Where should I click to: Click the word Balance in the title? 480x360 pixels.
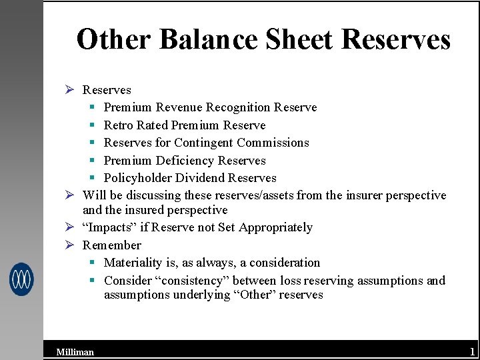pyautogui.click(x=208, y=39)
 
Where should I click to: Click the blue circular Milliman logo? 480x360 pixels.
pyautogui.click(x=21, y=279)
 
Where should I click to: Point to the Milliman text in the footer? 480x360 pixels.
pyautogui.click(x=75, y=352)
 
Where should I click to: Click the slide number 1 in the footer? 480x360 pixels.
pyautogui.click(x=472, y=351)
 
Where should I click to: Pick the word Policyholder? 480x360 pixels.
pyautogui.click(x=138, y=178)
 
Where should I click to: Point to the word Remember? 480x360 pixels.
pyautogui.click(x=112, y=245)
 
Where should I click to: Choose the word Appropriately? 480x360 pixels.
pyautogui.click(x=275, y=227)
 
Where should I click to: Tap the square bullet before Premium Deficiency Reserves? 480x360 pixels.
pyautogui.click(x=92, y=161)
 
